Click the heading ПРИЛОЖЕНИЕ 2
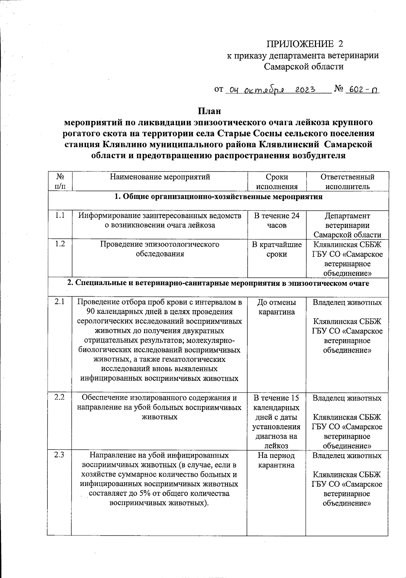pyautogui.click(x=305, y=44)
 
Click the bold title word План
pyautogui.click(x=209, y=111)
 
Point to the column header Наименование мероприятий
pyautogui.click(x=160, y=177)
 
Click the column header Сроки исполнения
pyautogui.click(x=277, y=182)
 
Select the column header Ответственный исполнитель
pyautogui.click(x=347, y=182)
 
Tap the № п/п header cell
pyautogui.click(x=60, y=182)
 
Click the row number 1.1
pyautogui.click(x=60, y=215)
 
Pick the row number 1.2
pyautogui.click(x=60, y=244)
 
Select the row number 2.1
pyautogui.click(x=60, y=302)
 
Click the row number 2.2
pyautogui.click(x=60, y=398)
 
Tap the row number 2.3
pyautogui.click(x=60, y=455)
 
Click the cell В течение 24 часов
pyautogui.click(x=277, y=220)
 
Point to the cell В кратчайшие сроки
pyautogui.click(x=277, y=249)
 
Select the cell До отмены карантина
pyautogui.click(x=277, y=307)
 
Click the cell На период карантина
pyautogui.click(x=277, y=460)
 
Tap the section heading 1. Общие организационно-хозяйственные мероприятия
pyautogui.click(x=218, y=197)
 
